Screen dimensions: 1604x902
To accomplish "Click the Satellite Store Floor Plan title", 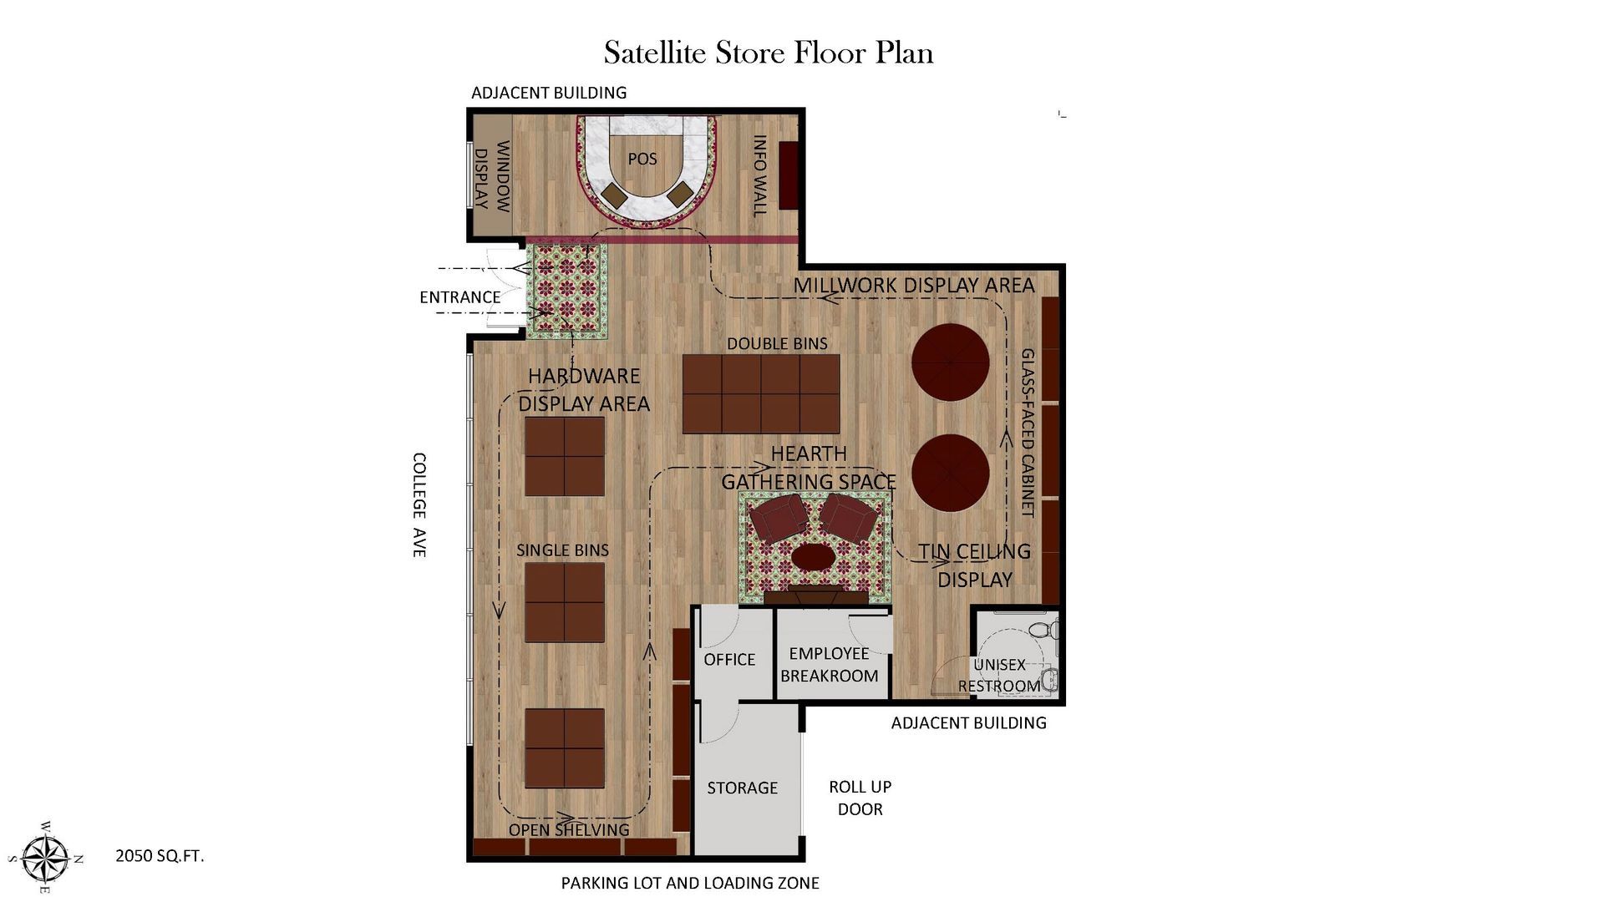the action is click(768, 53).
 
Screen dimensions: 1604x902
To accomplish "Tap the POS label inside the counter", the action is click(642, 159).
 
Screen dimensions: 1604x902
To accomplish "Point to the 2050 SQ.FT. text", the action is click(160, 856).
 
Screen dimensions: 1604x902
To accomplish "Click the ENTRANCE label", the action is click(459, 297).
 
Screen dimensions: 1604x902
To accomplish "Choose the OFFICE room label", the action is click(729, 660).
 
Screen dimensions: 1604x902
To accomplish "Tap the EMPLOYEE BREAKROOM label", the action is click(830, 665).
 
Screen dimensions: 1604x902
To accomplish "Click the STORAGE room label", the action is click(743, 788).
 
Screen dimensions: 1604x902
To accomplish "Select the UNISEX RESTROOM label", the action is click(1000, 676).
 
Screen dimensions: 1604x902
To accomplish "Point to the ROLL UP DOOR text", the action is click(860, 798).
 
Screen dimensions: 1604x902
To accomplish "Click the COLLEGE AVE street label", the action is click(419, 505).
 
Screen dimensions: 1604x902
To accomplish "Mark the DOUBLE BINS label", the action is click(777, 343).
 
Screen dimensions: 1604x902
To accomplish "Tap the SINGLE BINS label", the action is click(562, 550).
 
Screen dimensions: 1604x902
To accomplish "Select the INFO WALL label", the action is click(759, 176).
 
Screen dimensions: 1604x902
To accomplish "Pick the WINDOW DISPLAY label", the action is click(492, 175).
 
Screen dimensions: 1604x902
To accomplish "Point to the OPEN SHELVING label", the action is click(569, 829).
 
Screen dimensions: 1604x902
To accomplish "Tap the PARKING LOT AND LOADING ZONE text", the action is click(690, 883).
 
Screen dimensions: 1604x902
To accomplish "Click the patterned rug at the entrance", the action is click(566, 291).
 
